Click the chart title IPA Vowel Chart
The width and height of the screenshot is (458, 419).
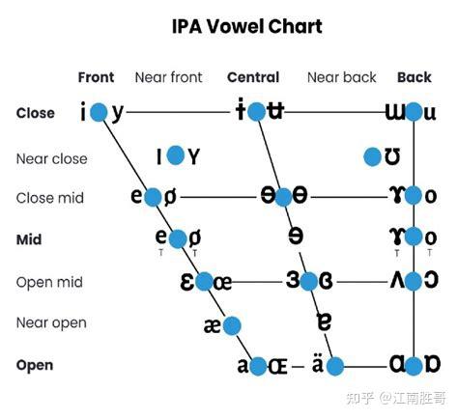247,26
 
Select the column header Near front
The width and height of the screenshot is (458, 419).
168,77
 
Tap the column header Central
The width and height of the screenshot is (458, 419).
253,77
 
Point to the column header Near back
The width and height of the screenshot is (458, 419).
342,77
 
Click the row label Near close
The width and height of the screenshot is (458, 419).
52,158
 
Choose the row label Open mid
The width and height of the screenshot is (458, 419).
49,282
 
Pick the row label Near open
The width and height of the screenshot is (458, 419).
51,322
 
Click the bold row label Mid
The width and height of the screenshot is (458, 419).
29,239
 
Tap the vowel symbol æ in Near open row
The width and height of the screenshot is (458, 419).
213,325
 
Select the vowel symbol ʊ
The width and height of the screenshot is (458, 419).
392,156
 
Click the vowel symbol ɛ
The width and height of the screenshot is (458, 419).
187,282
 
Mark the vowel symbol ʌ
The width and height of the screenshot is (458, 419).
397,280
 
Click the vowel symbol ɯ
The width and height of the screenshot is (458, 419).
396,113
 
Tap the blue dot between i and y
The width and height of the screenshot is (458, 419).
99,112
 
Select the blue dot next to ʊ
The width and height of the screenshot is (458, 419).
372,157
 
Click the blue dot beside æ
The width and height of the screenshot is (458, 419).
232,325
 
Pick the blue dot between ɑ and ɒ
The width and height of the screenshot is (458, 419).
414,366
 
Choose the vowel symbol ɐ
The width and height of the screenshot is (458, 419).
324,321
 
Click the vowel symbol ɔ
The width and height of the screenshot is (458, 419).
431,280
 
